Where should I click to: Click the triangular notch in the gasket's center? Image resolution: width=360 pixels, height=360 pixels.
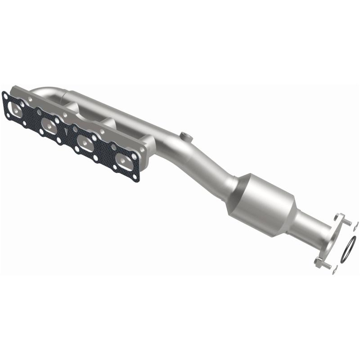pos(67,131)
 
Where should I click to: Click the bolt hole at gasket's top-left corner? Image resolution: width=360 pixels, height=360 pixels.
pos(5,95)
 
